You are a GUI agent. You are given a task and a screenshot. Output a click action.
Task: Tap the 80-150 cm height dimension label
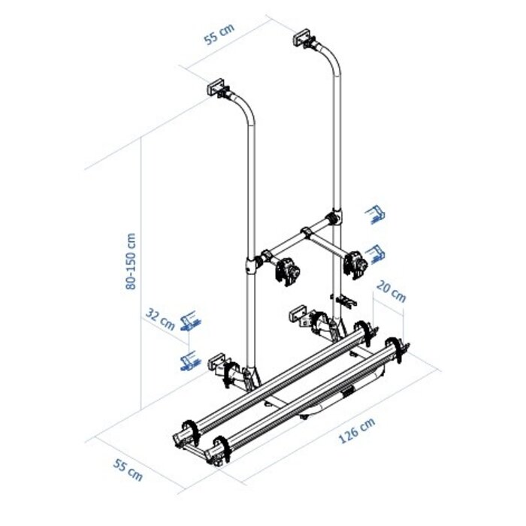[x=132, y=260]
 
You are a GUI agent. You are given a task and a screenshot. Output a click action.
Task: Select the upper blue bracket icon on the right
[x=376, y=215]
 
